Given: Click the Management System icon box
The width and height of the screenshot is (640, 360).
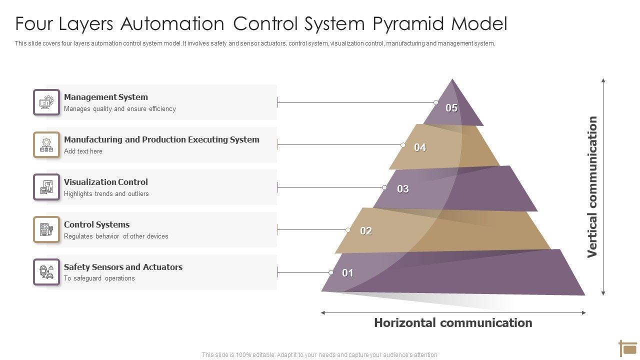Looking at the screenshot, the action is pyautogui.click(x=46, y=102).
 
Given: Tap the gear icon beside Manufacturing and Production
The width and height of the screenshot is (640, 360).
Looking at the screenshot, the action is pyautogui.click(x=46, y=145).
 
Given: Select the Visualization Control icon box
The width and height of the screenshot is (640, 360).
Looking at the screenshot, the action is pyautogui.click(x=46, y=187).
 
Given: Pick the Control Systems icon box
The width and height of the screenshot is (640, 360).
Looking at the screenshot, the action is pyautogui.click(x=46, y=229).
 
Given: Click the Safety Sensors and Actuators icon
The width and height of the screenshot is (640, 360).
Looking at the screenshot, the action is pyautogui.click(x=46, y=272).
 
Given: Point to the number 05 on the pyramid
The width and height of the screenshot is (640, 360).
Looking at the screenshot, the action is pyautogui.click(x=451, y=108).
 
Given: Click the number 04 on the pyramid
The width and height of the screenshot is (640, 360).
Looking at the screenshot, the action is pyautogui.click(x=420, y=147).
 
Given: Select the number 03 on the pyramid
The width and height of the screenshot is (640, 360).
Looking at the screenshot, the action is pyautogui.click(x=403, y=189).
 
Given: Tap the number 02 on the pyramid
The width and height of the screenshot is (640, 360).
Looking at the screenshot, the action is pyautogui.click(x=366, y=231).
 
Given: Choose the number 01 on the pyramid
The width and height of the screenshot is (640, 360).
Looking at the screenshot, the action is pyautogui.click(x=347, y=273).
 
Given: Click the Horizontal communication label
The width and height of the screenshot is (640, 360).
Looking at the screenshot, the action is pyautogui.click(x=453, y=323).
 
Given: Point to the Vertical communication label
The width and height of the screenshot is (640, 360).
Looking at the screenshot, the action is pyautogui.click(x=592, y=187).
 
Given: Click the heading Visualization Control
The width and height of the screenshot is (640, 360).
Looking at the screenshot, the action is pyautogui.click(x=105, y=182).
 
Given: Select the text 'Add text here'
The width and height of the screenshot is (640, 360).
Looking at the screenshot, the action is pyautogui.click(x=83, y=151).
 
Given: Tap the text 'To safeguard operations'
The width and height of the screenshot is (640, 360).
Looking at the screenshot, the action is pyautogui.click(x=99, y=278).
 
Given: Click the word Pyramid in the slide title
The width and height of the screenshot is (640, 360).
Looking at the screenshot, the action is pyautogui.click(x=408, y=23).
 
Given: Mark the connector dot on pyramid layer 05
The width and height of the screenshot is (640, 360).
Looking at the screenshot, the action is pyautogui.click(x=435, y=102).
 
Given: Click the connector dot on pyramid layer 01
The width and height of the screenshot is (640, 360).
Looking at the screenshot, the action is pyautogui.click(x=331, y=272).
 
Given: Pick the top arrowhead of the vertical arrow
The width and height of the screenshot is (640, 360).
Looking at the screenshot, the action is pyautogui.click(x=603, y=80).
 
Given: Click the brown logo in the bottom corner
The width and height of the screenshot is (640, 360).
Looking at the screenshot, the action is pyautogui.click(x=628, y=348).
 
